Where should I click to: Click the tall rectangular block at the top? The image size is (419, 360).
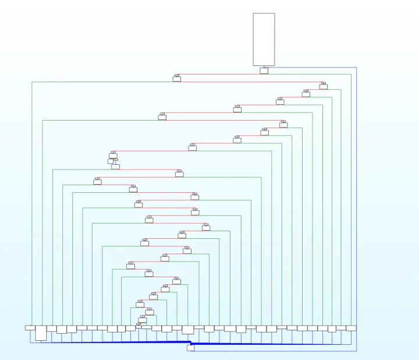[264, 39]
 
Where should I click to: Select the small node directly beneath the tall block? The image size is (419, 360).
[264, 71]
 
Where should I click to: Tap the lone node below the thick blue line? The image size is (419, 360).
[190, 348]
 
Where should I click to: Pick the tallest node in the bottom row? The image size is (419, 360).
[41, 333]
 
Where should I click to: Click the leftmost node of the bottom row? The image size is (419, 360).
[30, 327]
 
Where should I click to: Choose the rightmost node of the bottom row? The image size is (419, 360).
[351, 328]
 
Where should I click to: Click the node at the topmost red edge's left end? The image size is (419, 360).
[177, 78]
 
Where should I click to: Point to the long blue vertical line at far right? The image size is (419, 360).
[356, 204]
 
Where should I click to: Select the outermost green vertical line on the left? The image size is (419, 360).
[32, 204]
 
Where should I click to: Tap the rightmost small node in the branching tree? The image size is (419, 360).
[324, 86]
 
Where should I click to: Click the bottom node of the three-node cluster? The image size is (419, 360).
[115, 167]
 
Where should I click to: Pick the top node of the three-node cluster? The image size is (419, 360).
[113, 156]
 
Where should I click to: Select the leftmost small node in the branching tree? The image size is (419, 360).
[97, 181]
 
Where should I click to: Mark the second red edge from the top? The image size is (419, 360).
[250, 82]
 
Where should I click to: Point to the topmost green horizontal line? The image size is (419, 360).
[105, 82]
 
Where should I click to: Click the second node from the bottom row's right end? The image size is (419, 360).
[341, 328]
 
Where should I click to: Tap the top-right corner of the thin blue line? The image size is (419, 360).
[356, 68]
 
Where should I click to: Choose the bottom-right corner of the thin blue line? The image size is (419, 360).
[356, 351]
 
